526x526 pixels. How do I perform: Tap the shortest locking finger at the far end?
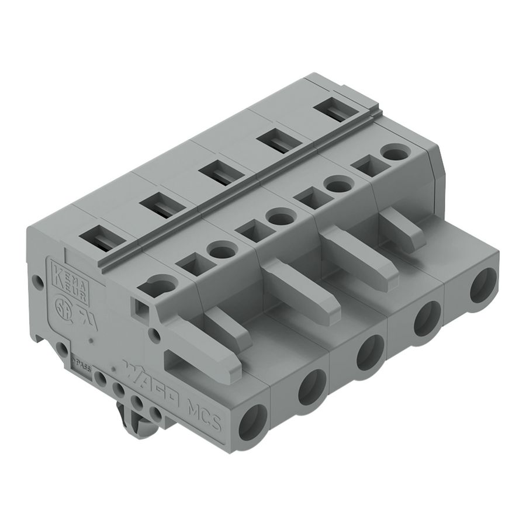pos(403,228)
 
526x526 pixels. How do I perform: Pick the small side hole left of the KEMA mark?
pos(39,282)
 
